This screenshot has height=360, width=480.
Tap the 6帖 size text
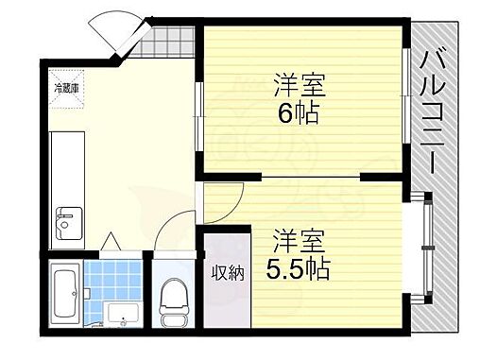tap(299, 114)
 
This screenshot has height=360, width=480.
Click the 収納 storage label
tap(227, 273)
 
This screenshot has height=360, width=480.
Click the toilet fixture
tap(174, 301)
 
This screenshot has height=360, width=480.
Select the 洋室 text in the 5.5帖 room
tap(298, 239)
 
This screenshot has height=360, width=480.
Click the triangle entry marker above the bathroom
tap(110, 240)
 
